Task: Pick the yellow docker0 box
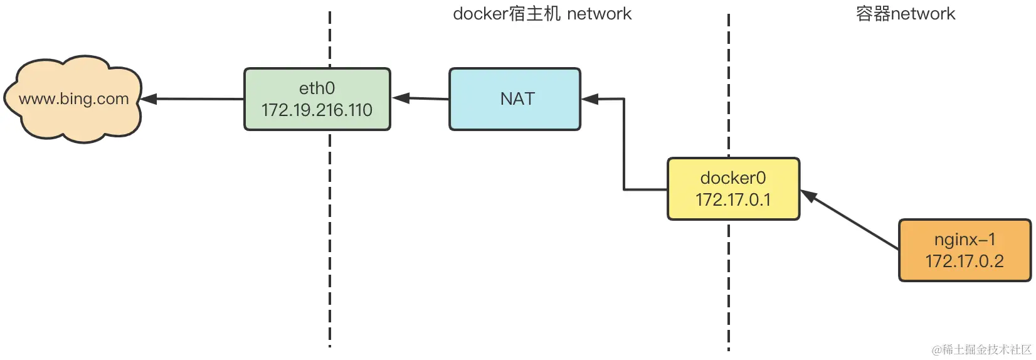point(733,189)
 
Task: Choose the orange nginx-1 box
point(965,250)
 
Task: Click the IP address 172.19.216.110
point(317,110)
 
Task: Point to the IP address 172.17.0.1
point(733,200)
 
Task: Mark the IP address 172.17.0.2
point(965,261)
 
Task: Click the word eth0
point(317,88)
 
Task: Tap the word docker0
point(733,178)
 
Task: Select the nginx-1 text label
point(965,239)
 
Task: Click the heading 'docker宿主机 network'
point(542,14)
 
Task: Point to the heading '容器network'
point(905,14)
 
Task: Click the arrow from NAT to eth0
point(420,98)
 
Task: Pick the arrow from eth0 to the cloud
point(192,98)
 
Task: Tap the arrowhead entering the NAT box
point(589,98)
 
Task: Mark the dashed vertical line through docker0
point(729,282)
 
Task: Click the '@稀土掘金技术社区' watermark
point(981,349)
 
